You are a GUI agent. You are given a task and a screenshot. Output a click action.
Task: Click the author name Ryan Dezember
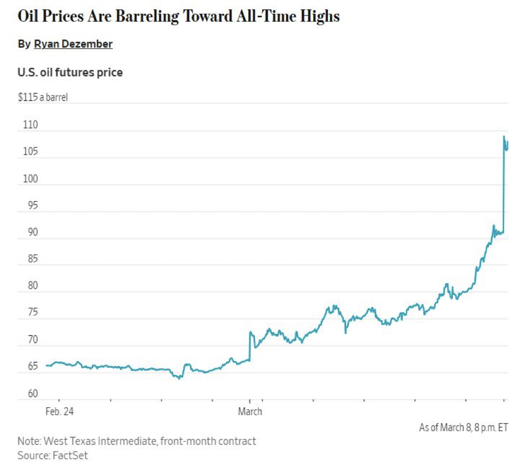73,44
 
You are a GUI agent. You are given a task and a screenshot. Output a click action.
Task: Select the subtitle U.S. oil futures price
70,72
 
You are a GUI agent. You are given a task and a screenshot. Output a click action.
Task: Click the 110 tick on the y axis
31,125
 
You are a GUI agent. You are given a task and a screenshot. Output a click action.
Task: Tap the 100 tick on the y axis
31,179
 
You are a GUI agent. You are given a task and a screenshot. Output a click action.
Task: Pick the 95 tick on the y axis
31,206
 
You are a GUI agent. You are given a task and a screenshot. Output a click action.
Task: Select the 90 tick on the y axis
31,232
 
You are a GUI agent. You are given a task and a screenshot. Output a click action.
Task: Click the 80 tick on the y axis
31,286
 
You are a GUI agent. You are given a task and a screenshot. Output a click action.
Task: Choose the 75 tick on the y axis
31,313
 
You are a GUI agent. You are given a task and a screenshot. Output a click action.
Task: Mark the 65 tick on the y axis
31,367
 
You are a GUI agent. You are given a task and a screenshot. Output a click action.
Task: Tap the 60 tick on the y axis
31,393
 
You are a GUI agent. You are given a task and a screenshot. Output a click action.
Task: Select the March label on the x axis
250,412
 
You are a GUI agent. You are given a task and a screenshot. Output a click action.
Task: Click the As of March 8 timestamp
463,427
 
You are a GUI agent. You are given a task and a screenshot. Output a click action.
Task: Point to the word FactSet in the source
68,456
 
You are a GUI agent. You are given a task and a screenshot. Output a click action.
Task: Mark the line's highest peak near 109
504,136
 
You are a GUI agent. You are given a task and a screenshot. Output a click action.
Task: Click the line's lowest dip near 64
179,378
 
